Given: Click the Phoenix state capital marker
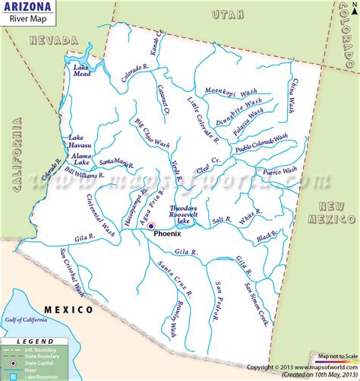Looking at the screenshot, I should click(151, 226).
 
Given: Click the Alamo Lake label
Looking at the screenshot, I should click(81, 160).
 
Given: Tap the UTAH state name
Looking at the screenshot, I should click(226, 14).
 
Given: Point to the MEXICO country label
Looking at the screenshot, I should click(68, 310).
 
